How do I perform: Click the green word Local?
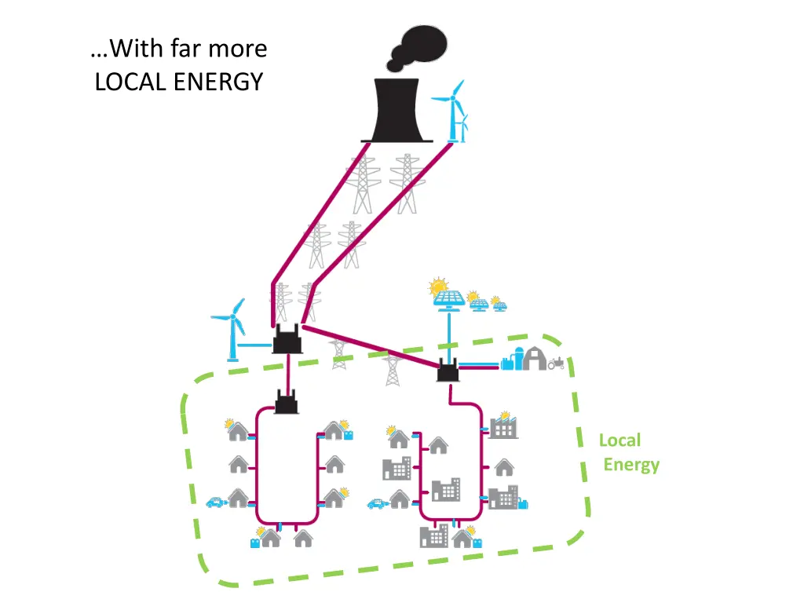tap(619, 440)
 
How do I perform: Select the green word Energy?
tap(631, 465)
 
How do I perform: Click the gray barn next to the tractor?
tap(535, 359)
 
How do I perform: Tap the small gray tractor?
tap(557, 363)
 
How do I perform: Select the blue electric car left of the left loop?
tap(214, 502)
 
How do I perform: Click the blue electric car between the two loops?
tap(378, 503)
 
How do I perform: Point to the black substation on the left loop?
tap(286, 404)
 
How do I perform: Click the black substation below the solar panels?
tap(448, 371)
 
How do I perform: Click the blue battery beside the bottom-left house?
tap(255, 542)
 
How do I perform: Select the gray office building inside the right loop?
tap(446, 490)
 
